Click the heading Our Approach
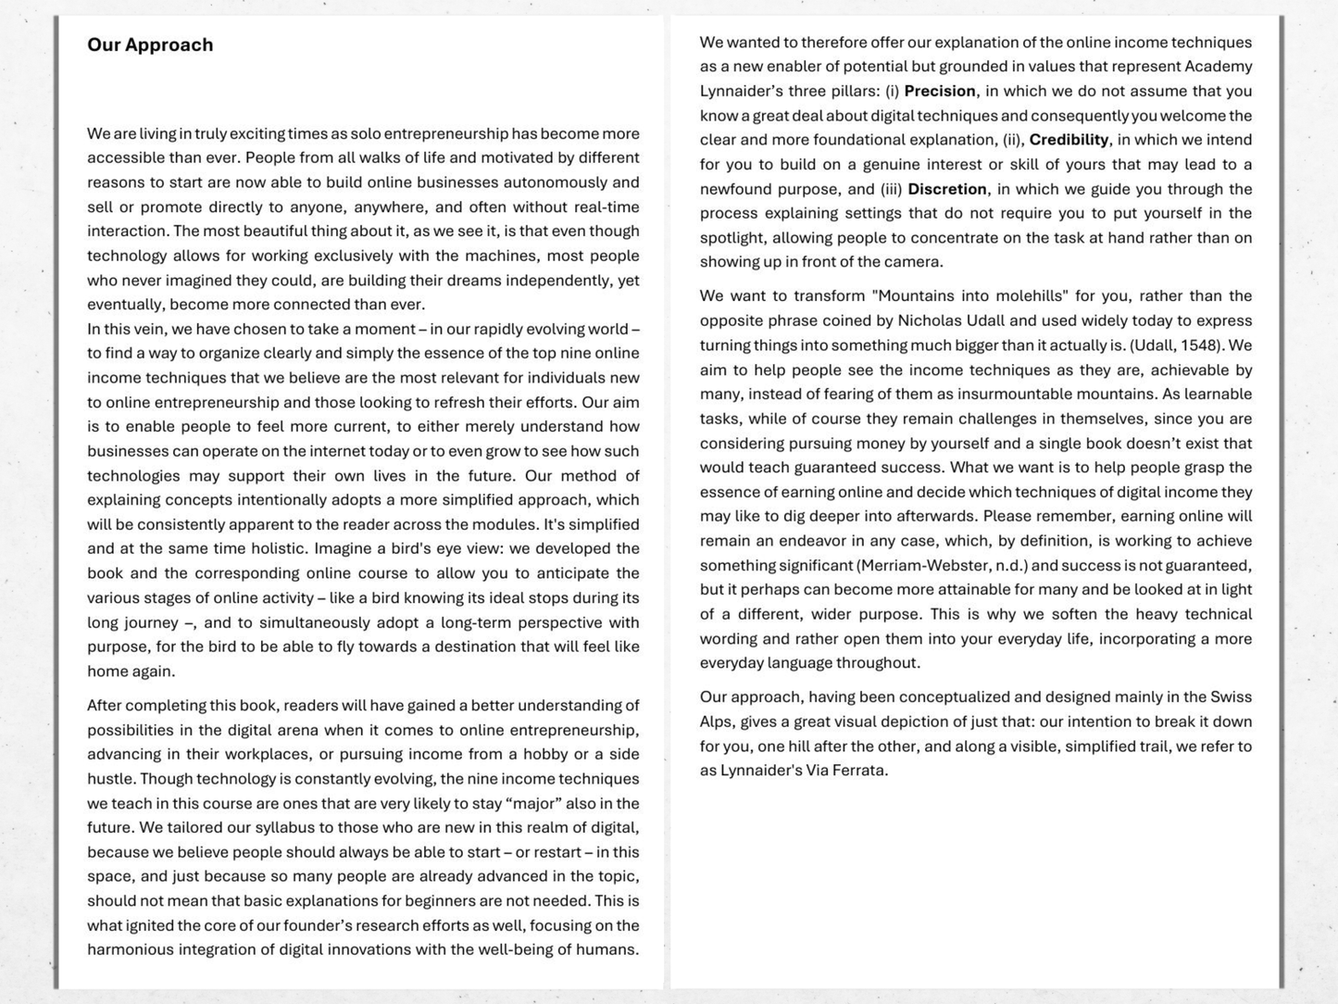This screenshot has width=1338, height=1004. point(150,45)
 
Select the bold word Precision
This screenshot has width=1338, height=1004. point(939,91)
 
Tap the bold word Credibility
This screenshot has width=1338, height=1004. point(1069,140)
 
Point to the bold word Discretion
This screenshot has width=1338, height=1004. point(946,189)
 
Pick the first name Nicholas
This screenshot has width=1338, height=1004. point(931,320)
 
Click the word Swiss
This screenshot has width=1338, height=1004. point(1231,697)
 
